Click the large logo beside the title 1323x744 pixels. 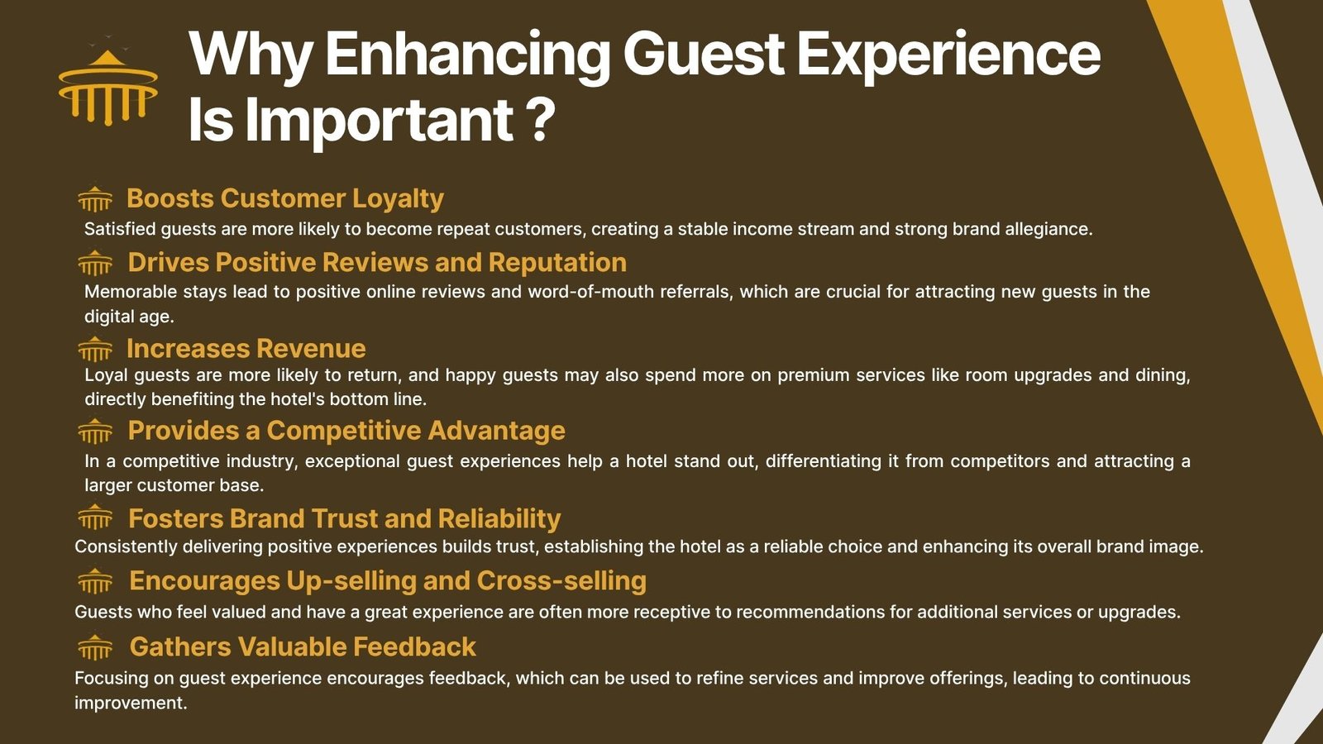tap(108, 83)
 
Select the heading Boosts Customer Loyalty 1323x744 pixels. tap(284, 198)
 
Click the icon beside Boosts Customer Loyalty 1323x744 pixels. tap(95, 198)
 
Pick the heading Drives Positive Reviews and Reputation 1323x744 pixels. tap(377, 262)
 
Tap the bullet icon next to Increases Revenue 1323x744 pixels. tap(95, 348)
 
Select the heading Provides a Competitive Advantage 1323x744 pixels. tap(346, 431)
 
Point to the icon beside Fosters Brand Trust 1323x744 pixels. tap(95, 517)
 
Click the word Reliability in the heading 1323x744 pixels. tap(499, 518)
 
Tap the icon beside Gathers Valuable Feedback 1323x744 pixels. tap(95, 647)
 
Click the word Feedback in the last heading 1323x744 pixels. tap(414, 646)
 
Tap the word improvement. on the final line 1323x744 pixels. tap(131, 703)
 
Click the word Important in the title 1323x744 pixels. tap(380, 121)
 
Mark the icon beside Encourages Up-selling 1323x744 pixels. tap(95, 581)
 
